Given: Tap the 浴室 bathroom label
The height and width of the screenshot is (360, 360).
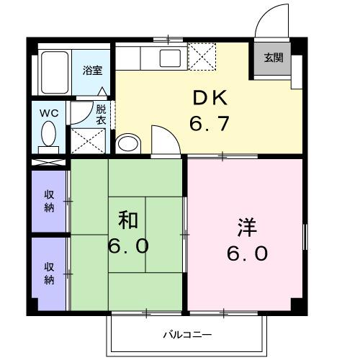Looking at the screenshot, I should (91, 71).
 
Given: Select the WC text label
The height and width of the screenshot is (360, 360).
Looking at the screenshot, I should (49, 112).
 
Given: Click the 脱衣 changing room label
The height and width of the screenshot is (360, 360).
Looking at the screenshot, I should (101, 116).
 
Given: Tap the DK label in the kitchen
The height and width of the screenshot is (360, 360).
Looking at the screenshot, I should (209, 98).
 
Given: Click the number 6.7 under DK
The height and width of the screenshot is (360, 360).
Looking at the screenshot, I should (209, 124).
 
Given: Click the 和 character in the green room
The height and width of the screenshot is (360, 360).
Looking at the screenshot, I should (128, 219).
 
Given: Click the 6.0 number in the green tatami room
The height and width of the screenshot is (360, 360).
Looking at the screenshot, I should (128, 246).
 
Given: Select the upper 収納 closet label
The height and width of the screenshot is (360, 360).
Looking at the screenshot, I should (49, 201).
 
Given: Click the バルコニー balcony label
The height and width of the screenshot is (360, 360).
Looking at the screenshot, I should (186, 335).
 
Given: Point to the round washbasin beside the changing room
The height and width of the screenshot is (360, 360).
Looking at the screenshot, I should (128, 143).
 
